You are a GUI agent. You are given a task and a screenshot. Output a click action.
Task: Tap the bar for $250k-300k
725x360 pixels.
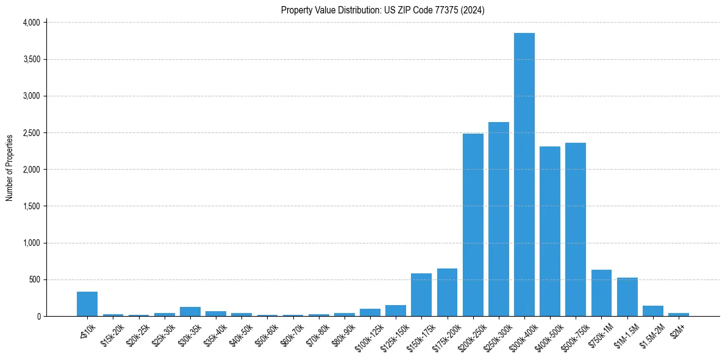pyautogui.click(x=498, y=219)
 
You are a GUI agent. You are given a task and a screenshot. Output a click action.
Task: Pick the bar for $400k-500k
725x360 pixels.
pyautogui.click(x=550, y=231)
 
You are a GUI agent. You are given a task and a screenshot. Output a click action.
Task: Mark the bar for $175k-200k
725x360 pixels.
pyautogui.click(x=447, y=292)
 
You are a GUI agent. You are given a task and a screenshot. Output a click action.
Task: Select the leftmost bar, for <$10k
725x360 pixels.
pyautogui.click(x=87, y=304)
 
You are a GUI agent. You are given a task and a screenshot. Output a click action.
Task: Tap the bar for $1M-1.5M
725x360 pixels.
pyautogui.click(x=627, y=297)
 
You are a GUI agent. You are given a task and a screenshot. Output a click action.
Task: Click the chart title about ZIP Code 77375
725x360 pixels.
pyautogui.click(x=382, y=10)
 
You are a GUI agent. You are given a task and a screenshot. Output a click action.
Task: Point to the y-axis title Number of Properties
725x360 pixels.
pyautogui.click(x=10, y=168)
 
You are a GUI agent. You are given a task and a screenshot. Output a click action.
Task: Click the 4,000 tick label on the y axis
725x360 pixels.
pyautogui.click(x=31, y=23)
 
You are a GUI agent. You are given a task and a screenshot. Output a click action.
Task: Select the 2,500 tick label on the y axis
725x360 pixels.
pyautogui.click(x=31, y=132)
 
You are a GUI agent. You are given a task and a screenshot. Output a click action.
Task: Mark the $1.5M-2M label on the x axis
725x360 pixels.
pyautogui.click(x=651, y=335)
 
